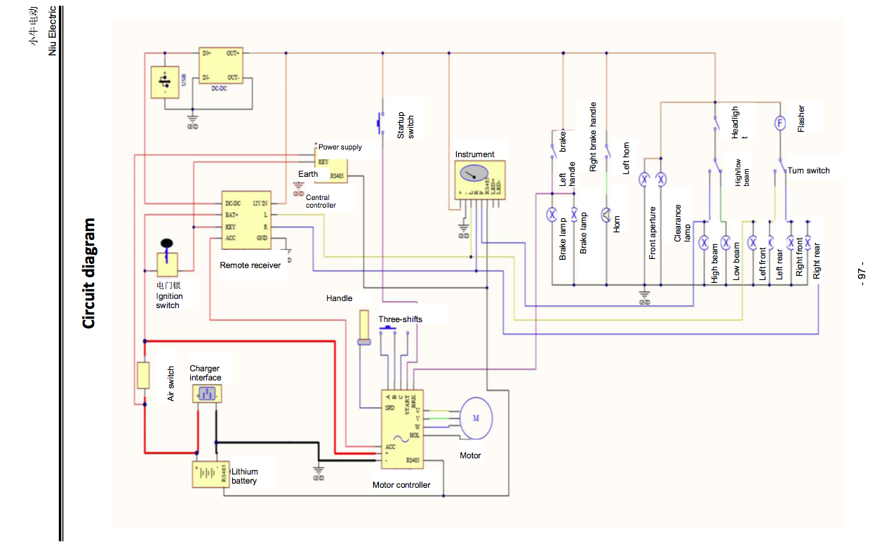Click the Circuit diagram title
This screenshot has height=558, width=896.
coord(88,273)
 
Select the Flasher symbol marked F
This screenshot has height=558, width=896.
coord(779,123)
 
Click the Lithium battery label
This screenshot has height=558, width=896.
coord(244,476)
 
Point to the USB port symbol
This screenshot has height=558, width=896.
coord(165,82)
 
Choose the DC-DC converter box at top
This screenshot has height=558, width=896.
coord(221,66)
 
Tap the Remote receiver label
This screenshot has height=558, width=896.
coord(250,265)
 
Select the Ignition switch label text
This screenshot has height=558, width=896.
coord(168,300)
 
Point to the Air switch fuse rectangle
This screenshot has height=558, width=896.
coord(143,376)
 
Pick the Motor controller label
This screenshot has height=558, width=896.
coord(401,485)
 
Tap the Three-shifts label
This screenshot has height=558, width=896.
coord(401,319)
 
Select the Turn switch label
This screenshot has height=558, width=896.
coord(808,171)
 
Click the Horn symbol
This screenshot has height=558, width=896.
coord(607,215)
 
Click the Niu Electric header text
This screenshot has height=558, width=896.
coord(51,32)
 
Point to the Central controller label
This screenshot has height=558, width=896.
coord(321,201)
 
